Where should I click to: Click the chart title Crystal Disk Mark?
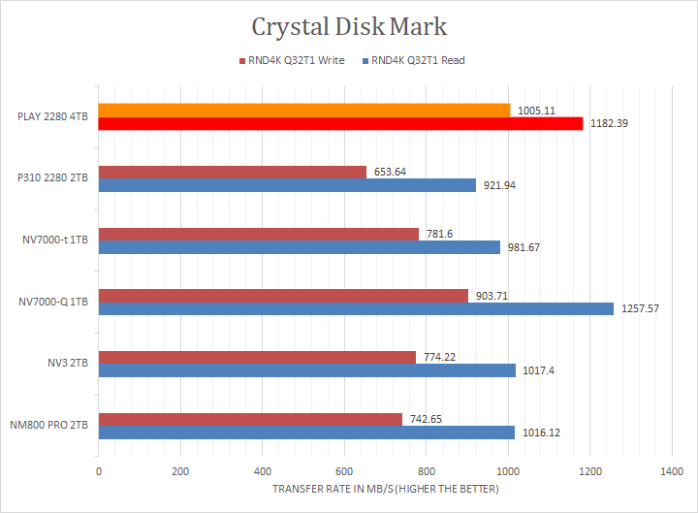click(349, 26)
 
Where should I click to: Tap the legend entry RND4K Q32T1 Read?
click(418, 60)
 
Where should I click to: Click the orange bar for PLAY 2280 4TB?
click(303, 111)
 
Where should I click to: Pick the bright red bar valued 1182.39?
click(339, 123)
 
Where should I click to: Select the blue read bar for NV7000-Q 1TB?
click(355, 308)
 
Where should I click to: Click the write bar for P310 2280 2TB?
click(232, 172)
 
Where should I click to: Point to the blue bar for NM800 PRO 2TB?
click(305, 433)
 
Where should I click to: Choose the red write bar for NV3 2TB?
click(256, 357)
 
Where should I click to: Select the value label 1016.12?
click(540, 433)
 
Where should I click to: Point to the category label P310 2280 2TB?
click(53, 178)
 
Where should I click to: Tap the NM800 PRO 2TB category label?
click(49, 426)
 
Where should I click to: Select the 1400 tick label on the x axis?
click(671, 471)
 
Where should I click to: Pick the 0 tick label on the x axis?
click(98, 471)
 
